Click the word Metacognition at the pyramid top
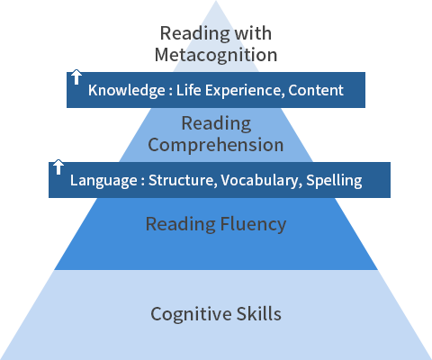(x=216, y=55)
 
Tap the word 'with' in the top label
(x=253, y=32)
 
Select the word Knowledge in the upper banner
(x=127, y=90)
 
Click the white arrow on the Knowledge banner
(x=76, y=77)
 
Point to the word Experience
(x=245, y=91)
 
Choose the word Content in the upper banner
(x=316, y=90)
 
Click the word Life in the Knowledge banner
(x=188, y=90)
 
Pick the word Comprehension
(x=216, y=145)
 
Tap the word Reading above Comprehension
(x=216, y=123)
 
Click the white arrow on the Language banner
(x=58, y=167)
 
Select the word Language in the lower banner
(x=103, y=181)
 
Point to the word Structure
(x=183, y=180)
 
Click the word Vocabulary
(x=259, y=181)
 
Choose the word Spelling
(x=334, y=181)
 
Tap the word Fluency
(x=253, y=224)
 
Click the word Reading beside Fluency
(x=181, y=224)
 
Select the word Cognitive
(x=191, y=314)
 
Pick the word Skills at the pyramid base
(x=259, y=314)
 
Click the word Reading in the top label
(x=194, y=33)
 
